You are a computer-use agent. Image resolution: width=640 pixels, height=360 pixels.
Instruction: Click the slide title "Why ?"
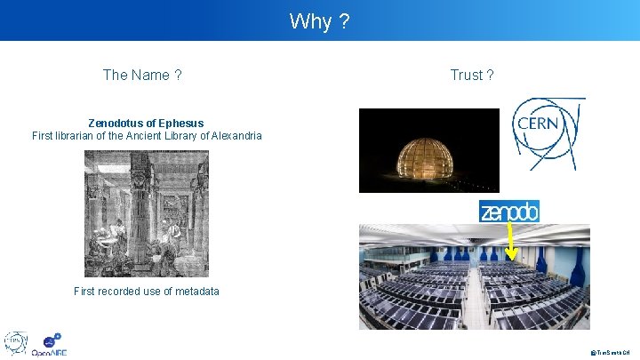(319, 21)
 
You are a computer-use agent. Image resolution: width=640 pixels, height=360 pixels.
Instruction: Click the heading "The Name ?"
(142, 75)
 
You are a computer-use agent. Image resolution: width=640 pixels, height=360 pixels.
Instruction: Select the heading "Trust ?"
(472, 75)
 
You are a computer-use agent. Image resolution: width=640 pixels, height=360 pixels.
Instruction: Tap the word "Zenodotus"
(118, 123)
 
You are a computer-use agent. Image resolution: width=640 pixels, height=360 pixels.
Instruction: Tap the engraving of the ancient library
(146, 213)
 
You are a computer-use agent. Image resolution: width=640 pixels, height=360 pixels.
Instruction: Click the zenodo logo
(509, 212)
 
